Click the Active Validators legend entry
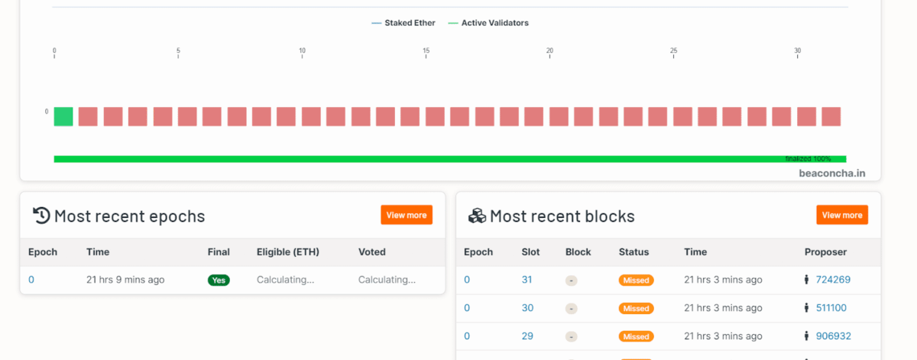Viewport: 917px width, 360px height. (488, 23)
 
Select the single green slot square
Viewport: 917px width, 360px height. (63, 116)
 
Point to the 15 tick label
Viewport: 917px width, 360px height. (426, 51)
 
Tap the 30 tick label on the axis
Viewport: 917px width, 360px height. (797, 51)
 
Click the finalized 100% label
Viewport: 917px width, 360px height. (808, 159)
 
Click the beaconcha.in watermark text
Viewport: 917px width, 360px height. (832, 174)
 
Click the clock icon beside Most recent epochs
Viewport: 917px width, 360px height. (41, 216)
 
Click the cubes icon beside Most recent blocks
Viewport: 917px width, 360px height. (477, 216)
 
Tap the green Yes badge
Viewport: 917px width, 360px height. (219, 281)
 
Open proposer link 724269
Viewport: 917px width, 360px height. (833, 281)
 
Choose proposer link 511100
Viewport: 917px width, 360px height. (831, 308)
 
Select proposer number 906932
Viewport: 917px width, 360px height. (833, 336)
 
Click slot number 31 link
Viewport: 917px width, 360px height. (527, 281)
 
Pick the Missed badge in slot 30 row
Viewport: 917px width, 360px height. (636, 308)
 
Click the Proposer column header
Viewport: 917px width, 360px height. (825, 252)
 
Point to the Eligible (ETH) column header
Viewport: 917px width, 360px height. (287, 252)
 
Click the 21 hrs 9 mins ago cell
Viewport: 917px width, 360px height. (125, 281)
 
